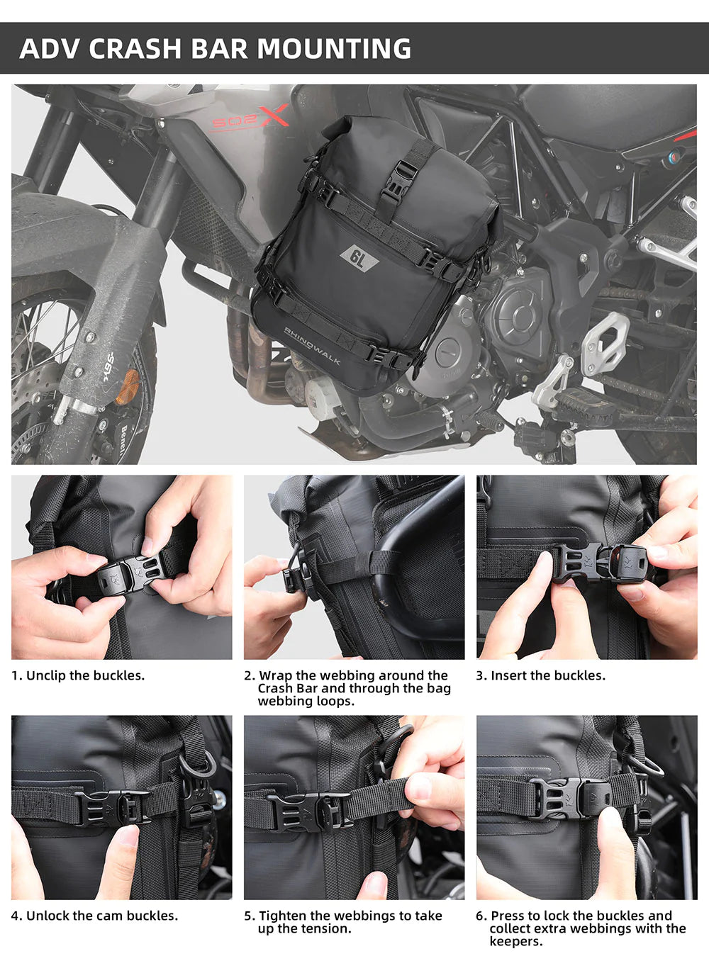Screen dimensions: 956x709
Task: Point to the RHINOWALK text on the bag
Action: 312,347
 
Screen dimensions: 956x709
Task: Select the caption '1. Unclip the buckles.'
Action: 78,675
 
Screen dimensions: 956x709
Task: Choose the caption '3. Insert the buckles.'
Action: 541,675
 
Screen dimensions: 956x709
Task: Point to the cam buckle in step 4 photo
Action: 113,806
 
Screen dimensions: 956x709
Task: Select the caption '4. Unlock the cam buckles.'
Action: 94,916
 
